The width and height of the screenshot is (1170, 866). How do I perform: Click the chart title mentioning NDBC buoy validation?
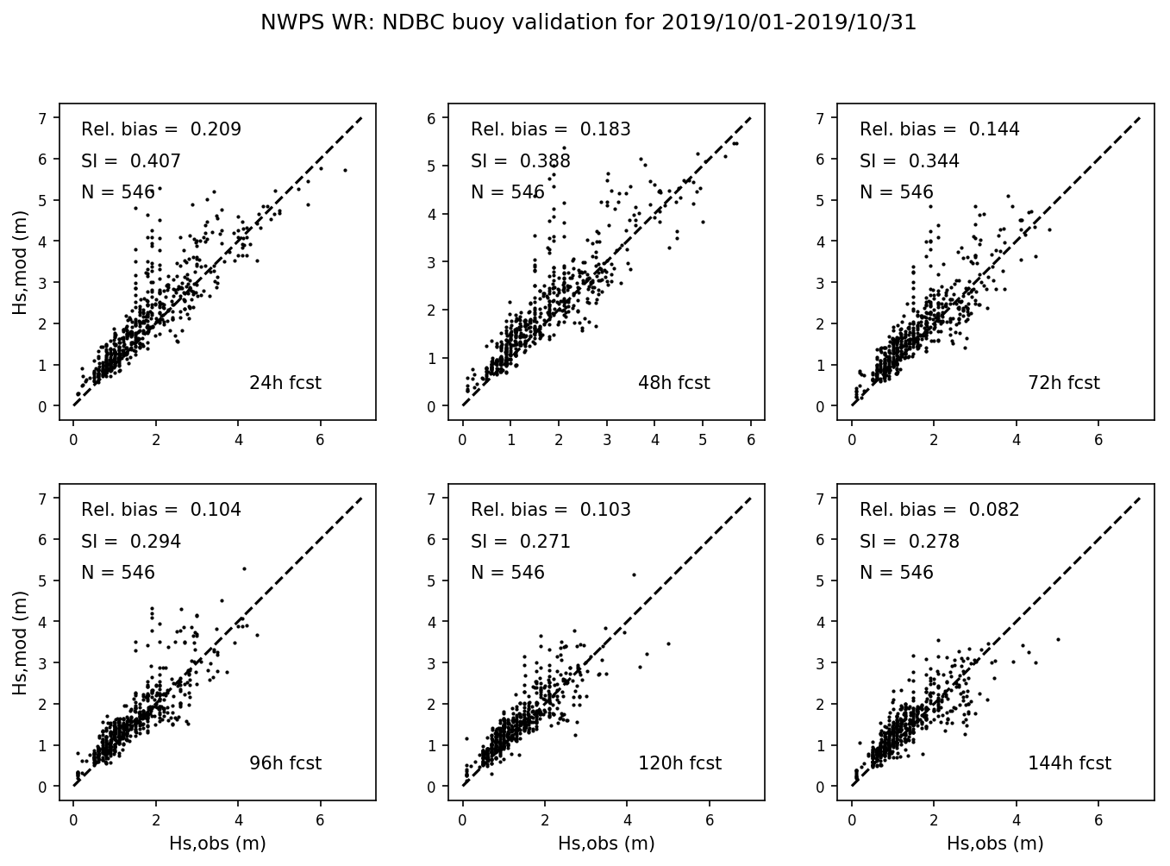(588, 23)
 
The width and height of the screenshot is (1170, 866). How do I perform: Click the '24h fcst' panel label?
(285, 383)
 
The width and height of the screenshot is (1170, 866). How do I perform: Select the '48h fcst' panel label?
(673, 383)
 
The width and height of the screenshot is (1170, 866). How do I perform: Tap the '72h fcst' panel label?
(1063, 383)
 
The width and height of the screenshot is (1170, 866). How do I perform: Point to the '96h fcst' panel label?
(285, 763)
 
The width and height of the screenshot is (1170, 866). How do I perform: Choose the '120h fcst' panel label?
(679, 763)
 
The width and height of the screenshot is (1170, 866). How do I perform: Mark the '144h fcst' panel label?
(1069, 763)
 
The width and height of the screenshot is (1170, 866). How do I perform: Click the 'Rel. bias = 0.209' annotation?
(161, 129)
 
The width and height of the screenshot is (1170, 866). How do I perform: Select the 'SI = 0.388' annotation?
(521, 161)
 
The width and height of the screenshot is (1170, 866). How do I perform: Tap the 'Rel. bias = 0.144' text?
(939, 129)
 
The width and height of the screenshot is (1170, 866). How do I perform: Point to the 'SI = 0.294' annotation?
(131, 542)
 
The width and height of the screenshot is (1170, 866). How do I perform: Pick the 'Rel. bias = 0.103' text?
(550, 510)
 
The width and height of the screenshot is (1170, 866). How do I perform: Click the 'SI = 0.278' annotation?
(909, 542)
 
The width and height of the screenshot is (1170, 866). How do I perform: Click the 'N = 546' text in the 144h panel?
(896, 573)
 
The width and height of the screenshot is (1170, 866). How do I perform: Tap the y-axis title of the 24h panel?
(20, 267)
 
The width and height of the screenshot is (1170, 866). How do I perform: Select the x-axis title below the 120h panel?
(606, 844)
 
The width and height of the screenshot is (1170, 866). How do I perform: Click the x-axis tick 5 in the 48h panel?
(703, 440)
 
